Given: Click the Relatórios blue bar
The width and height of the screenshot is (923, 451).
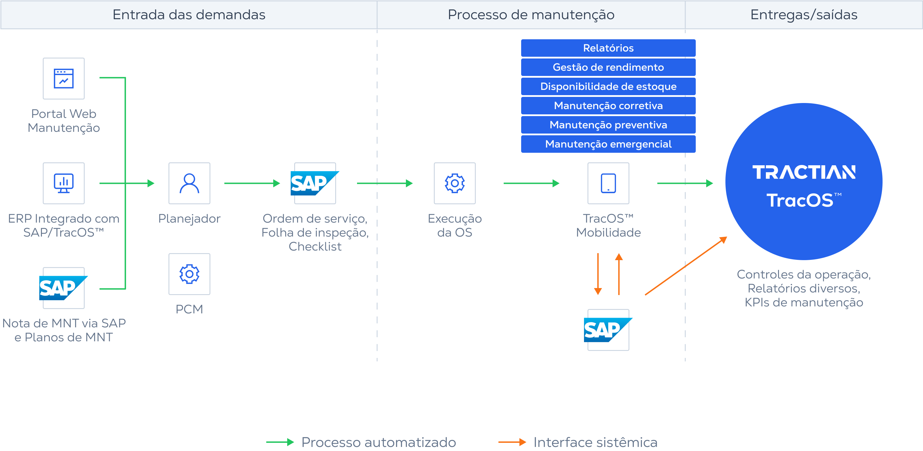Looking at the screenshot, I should pyautogui.click(x=608, y=48).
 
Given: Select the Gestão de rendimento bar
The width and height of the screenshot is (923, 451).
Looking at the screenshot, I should pyautogui.click(x=608, y=67).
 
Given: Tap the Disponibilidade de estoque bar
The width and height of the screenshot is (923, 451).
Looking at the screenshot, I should pyautogui.click(x=608, y=86).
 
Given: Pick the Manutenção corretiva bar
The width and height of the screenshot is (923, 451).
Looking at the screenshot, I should pyautogui.click(x=608, y=106).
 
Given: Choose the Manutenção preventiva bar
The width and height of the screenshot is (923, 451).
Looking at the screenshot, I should pyautogui.click(x=608, y=125).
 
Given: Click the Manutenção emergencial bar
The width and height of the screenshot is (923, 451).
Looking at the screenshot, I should pyautogui.click(x=608, y=144).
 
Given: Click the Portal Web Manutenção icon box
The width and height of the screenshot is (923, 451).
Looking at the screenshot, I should pyautogui.click(x=64, y=79).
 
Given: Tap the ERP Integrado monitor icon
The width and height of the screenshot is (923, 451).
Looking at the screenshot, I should pyautogui.click(x=64, y=183).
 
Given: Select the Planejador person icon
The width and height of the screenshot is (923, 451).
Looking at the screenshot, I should pyautogui.click(x=189, y=183).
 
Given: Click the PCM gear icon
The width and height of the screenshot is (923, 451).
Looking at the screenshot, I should pyautogui.click(x=189, y=274).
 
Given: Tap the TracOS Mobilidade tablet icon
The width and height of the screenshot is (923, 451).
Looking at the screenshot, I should pyautogui.click(x=608, y=183).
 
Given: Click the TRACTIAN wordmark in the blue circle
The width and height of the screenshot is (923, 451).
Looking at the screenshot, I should pyautogui.click(x=804, y=172).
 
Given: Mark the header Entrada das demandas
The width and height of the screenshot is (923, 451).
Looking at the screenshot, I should pyautogui.click(x=189, y=15).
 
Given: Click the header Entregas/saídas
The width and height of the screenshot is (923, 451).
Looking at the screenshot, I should pyautogui.click(x=804, y=15).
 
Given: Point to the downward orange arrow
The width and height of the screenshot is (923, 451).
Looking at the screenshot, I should pyautogui.click(x=598, y=274).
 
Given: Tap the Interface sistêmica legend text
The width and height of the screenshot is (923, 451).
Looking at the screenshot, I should pyautogui.click(x=595, y=442).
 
